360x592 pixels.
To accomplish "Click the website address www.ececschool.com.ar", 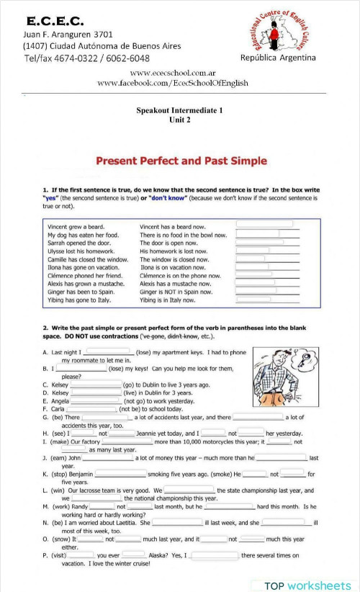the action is (173, 73).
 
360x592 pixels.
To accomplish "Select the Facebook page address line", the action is (173, 84).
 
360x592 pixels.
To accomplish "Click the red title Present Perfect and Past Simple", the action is (181, 161).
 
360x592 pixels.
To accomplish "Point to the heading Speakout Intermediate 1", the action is (180, 110).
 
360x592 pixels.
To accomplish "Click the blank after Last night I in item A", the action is (107, 352).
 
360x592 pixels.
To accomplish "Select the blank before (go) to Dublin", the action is (96, 385).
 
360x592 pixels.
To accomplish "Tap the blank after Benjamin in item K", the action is (120, 474).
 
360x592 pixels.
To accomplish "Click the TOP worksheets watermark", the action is (306, 585).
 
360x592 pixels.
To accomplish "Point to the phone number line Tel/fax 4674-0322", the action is (86, 58).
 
